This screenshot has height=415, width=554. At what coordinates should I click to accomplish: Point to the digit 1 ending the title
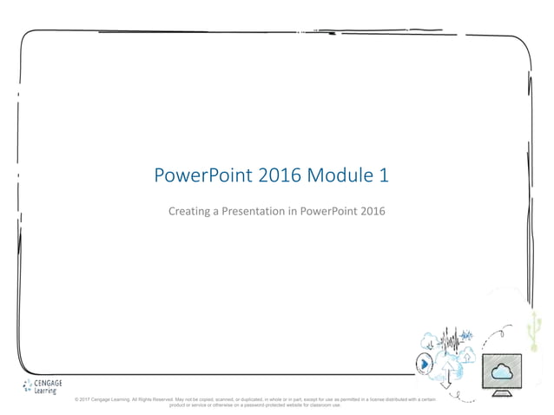tap(383, 176)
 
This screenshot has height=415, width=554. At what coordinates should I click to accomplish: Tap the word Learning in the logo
tap(47, 391)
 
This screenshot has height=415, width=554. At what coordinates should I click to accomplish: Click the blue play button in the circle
tap(424, 364)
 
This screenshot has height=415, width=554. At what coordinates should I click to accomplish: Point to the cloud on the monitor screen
tap(501, 372)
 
